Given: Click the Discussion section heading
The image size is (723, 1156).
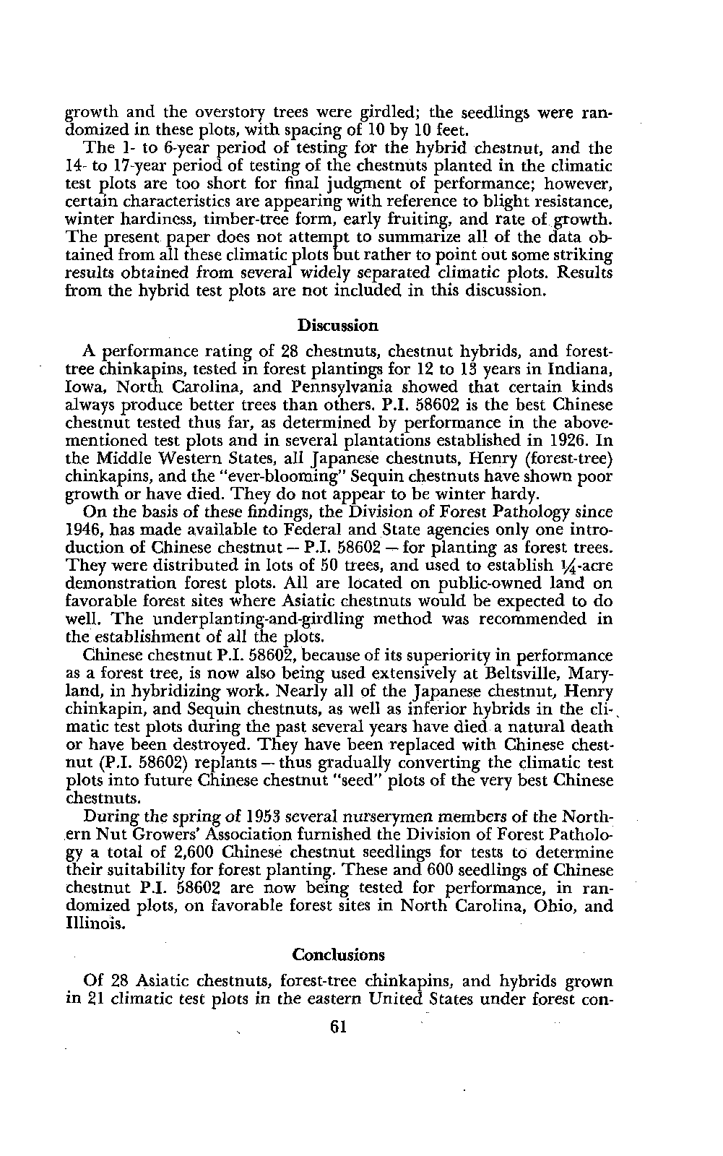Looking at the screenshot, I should pyautogui.click(x=338, y=325).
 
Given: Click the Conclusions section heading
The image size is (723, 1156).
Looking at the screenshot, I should pyautogui.click(x=338, y=954).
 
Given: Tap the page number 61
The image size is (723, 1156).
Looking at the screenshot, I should pyautogui.click(x=337, y=1027).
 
